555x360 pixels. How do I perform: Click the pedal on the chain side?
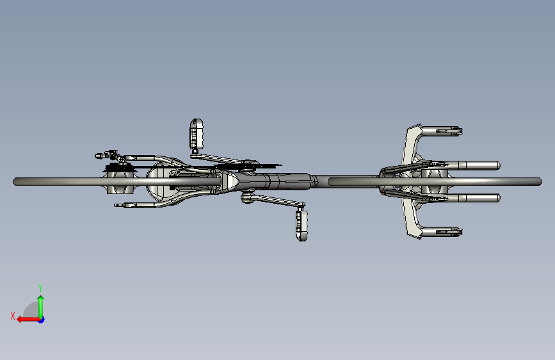pyautogui.click(x=196, y=134)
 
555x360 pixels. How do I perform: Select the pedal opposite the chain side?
pyautogui.click(x=302, y=225)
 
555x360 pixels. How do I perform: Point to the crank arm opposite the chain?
pyautogui.click(x=276, y=201)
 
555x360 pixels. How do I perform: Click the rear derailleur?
pyautogui.click(x=111, y=156)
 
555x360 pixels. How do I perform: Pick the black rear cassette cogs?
pyautogui.click(x=120, y=168)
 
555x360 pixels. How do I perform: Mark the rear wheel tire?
pyautogui.click(x=117, y=182)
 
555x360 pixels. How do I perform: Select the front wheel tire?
pyautogui.click(x=435, y=182)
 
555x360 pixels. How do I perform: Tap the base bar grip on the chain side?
pyautogui.click(x=442, y=131)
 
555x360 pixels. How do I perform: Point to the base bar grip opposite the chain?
pyautogui.click(x=442, y=232)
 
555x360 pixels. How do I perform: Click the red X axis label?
pyautogui.click(x=13, y=316)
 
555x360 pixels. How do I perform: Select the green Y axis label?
pyautogui.click(x=40, y=288)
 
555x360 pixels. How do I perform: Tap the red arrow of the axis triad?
pyautogui.click(x=28, y=320)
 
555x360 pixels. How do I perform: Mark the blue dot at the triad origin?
pyautogui.click(x=42, y=320)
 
